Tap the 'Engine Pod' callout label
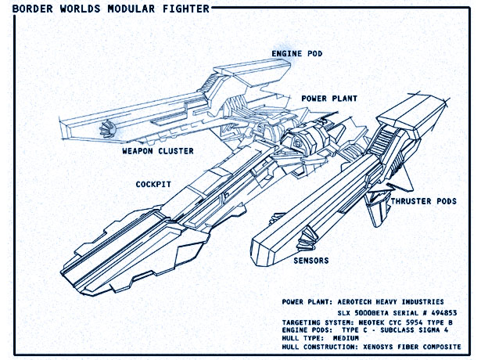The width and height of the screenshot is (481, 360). [x=297, y=54]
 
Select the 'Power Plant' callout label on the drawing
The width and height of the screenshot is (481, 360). [x=329, y=99]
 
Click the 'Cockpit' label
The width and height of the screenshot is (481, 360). [x=153, y=185]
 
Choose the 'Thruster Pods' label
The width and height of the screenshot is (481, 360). [x=424, y=202]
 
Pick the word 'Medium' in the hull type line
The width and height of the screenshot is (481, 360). [x=346, y=338]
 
